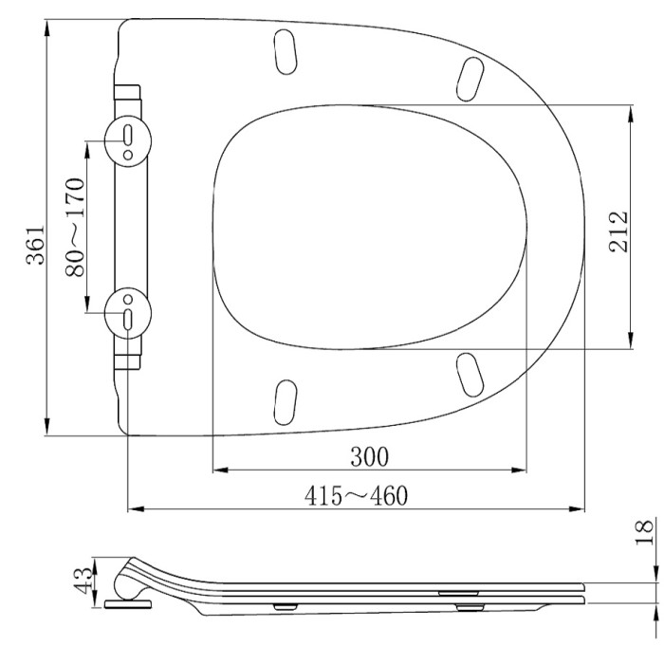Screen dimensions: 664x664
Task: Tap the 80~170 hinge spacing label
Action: point(75,227)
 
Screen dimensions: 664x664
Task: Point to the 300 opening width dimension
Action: point(369,456)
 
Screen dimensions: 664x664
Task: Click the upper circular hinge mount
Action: point(126,138)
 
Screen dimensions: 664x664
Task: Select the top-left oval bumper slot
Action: point(284,49)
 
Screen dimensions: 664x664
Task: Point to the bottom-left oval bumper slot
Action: point(284,401)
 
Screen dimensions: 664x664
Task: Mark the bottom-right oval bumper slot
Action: point(469,372)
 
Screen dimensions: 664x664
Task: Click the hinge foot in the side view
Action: point(127,599)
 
